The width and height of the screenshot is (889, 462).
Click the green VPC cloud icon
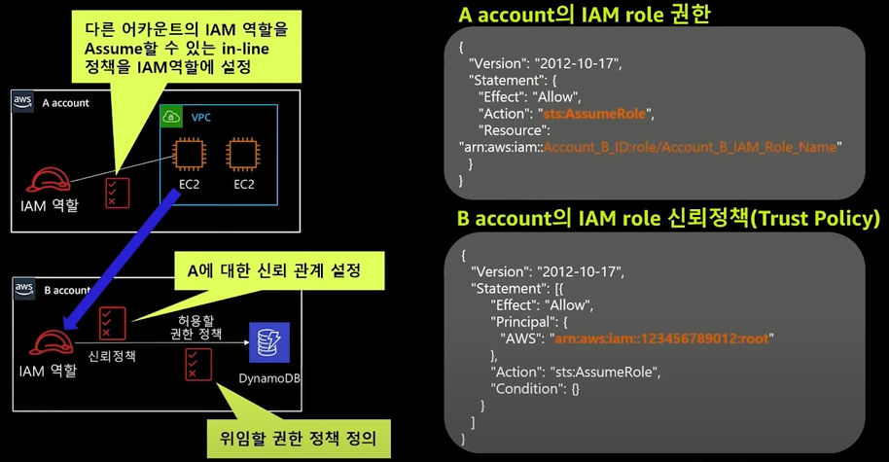click(x=171, y=117)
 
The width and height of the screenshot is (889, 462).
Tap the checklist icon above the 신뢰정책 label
click(x=112, y=324)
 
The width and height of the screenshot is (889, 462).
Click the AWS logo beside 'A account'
click(x=23, y=102)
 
